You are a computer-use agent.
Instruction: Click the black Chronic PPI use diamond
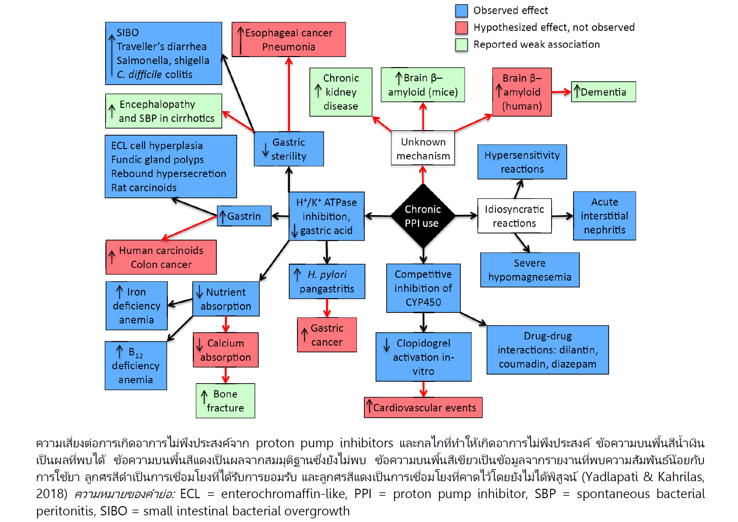(x=423, y=216)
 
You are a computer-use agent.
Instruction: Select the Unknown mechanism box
(x=423, y=148)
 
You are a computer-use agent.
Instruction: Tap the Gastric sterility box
(x=289, y=149)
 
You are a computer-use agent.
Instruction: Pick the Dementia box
(x=603, y=92)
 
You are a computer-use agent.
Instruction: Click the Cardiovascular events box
(x=423, y=407)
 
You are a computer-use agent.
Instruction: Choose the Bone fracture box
(x=225, y=401)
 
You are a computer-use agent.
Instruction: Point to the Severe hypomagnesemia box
(x=530, y=270)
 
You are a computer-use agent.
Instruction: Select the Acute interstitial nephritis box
(x=604, y=216)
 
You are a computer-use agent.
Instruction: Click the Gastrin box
(x=244, y=216)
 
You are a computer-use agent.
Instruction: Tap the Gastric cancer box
(x=327, y=335)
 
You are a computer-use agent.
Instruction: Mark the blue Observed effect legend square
(x=461, y=11)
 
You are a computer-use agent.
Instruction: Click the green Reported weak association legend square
(x=461, y=44)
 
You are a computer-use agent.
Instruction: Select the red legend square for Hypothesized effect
(x=461, y=28)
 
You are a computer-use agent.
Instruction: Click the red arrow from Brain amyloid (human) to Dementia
(x=561, y=92)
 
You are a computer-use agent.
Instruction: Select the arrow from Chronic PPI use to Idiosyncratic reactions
(x=466, y=216)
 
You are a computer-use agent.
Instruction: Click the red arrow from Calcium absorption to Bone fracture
(x=225, y=375)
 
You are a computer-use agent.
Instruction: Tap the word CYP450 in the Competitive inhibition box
(x=423, y=302)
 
